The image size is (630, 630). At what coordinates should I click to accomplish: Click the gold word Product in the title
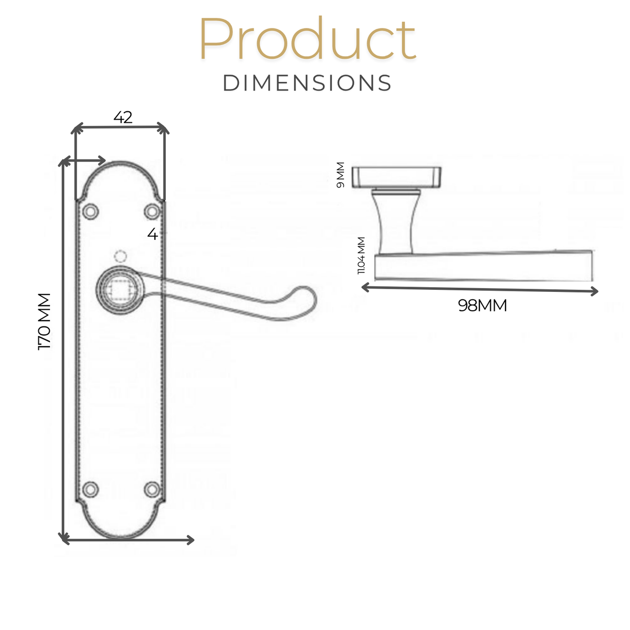point(307,38)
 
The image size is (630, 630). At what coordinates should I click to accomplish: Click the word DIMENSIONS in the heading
point(307,83)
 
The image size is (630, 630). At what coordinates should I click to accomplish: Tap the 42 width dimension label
point(123,117)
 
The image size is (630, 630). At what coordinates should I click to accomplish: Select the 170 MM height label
point(45,322)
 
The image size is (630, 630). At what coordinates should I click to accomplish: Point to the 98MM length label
point(482,306)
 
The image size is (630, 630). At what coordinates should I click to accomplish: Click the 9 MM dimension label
point(340,175)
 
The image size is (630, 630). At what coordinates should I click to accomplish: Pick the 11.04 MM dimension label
point(361,255)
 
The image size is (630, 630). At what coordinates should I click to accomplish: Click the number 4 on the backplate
point(152,234)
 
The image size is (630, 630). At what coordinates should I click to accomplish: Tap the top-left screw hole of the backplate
point(90,211)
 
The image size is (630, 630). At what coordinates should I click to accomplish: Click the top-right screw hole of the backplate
point(152,212)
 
